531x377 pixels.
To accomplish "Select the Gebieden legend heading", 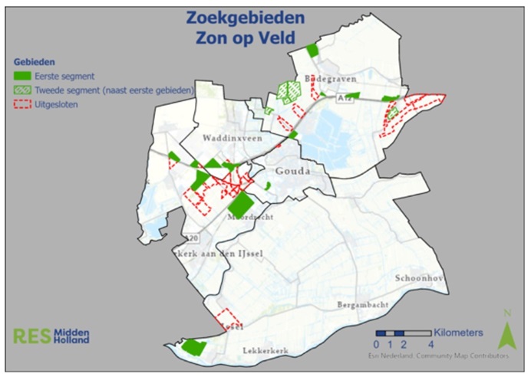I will [34, 62].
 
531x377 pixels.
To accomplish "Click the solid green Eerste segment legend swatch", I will [24, 76].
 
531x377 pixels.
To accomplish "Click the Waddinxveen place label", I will [232, 139].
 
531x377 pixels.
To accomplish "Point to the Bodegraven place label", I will [326, 79].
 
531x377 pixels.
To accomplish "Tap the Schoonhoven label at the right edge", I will [420, 278].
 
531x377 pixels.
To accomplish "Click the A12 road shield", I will [345, 99].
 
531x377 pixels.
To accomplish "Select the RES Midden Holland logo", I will [51, 336].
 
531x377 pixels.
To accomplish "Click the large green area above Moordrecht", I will [241, 204].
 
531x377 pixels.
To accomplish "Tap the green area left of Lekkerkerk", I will [194, 348].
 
